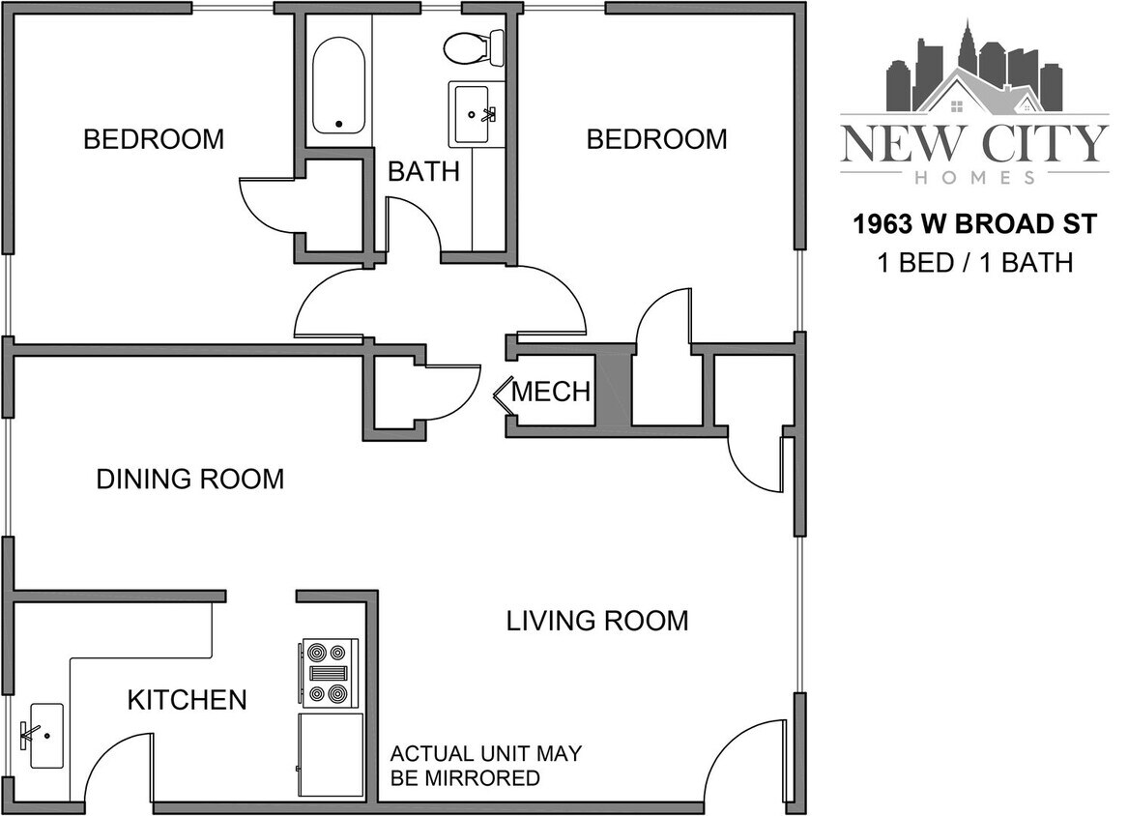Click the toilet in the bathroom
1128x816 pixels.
[474, 46]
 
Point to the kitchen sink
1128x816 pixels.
[45, 735]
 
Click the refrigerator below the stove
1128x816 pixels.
[331, 755]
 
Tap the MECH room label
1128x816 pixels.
[551, 392]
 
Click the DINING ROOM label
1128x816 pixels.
[190, 479]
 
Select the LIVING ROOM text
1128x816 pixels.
[597, 621]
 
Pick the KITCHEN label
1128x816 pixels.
[187, 700]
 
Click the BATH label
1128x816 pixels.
[423, 172]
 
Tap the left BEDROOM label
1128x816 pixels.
[154, 139]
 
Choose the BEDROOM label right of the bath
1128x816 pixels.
[657, 139]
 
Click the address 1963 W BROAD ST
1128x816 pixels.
[974, 225]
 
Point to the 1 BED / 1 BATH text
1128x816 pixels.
[974, 262]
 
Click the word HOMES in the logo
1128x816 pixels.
[974, 178]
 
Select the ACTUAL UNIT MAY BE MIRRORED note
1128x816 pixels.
[485, 766]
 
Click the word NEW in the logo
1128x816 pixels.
[901, 143]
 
